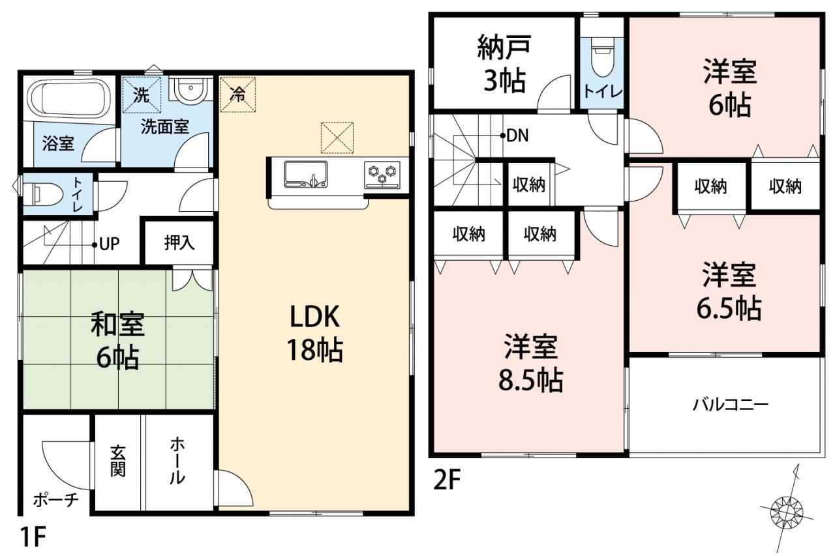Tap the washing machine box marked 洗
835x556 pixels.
pos(142,95)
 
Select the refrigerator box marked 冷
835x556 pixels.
pos(238,95)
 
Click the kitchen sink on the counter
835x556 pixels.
pos(306,174)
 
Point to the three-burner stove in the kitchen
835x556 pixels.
pos(382,175)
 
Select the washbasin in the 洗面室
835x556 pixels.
pos(190,89)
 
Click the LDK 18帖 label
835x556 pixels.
pos(314,333)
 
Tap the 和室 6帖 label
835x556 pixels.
pos(118,341)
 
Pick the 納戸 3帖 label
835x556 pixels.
pos(504,64)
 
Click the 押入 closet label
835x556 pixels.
pos(179,243)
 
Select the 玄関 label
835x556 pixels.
pos(118,461)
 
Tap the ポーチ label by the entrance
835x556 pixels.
pos(56,500)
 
